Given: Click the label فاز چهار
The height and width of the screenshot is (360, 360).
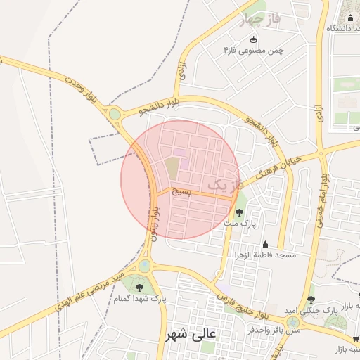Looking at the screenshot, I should pos(259,20).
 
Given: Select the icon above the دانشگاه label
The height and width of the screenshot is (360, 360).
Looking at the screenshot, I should pos(349,18).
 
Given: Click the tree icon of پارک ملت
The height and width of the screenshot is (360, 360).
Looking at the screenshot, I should pos(239,212).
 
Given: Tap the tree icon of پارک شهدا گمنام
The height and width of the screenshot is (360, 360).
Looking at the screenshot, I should pos(139,286).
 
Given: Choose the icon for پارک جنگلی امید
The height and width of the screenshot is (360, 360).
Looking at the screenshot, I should pos(311,300).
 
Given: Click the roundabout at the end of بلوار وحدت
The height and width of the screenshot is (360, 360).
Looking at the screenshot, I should pos(114,113).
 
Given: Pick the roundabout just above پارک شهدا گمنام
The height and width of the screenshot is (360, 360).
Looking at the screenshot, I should pos(144,266).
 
